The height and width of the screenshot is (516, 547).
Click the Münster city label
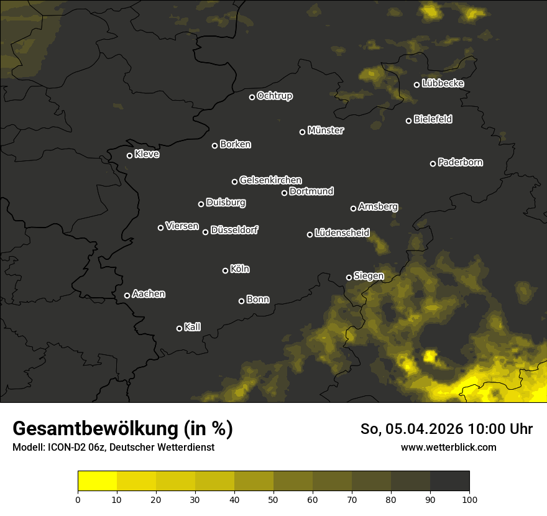[x=325, y=131]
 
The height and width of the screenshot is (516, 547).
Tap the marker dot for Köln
[x=225, y=270]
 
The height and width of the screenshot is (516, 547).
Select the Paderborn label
[x=460, y=162]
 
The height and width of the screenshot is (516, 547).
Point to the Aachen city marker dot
[x=127, y=295]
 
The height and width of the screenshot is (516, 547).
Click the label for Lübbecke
[x=443, y=83]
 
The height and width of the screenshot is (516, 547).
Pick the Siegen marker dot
[x=349, y=277]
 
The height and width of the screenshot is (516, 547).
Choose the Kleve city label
[x=147, y=154]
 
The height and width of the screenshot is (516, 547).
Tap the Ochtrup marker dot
[x=252, y=97]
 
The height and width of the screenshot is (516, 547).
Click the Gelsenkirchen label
[x=270, y=180]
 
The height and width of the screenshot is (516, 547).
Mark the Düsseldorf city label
[x=234, y=230]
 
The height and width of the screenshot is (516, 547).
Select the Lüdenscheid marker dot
[x=310, y=234]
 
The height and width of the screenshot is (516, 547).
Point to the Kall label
[x=192, y=327]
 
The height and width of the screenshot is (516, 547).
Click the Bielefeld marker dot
[x=408, y=121]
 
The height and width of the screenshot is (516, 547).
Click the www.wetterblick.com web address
[x=448, y=447]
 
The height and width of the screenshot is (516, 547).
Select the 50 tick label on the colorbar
[x=273, y=499]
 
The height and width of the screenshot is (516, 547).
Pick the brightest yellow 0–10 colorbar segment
[x=97, y=481]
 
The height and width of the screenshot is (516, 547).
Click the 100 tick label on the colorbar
[x=469, y=499]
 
